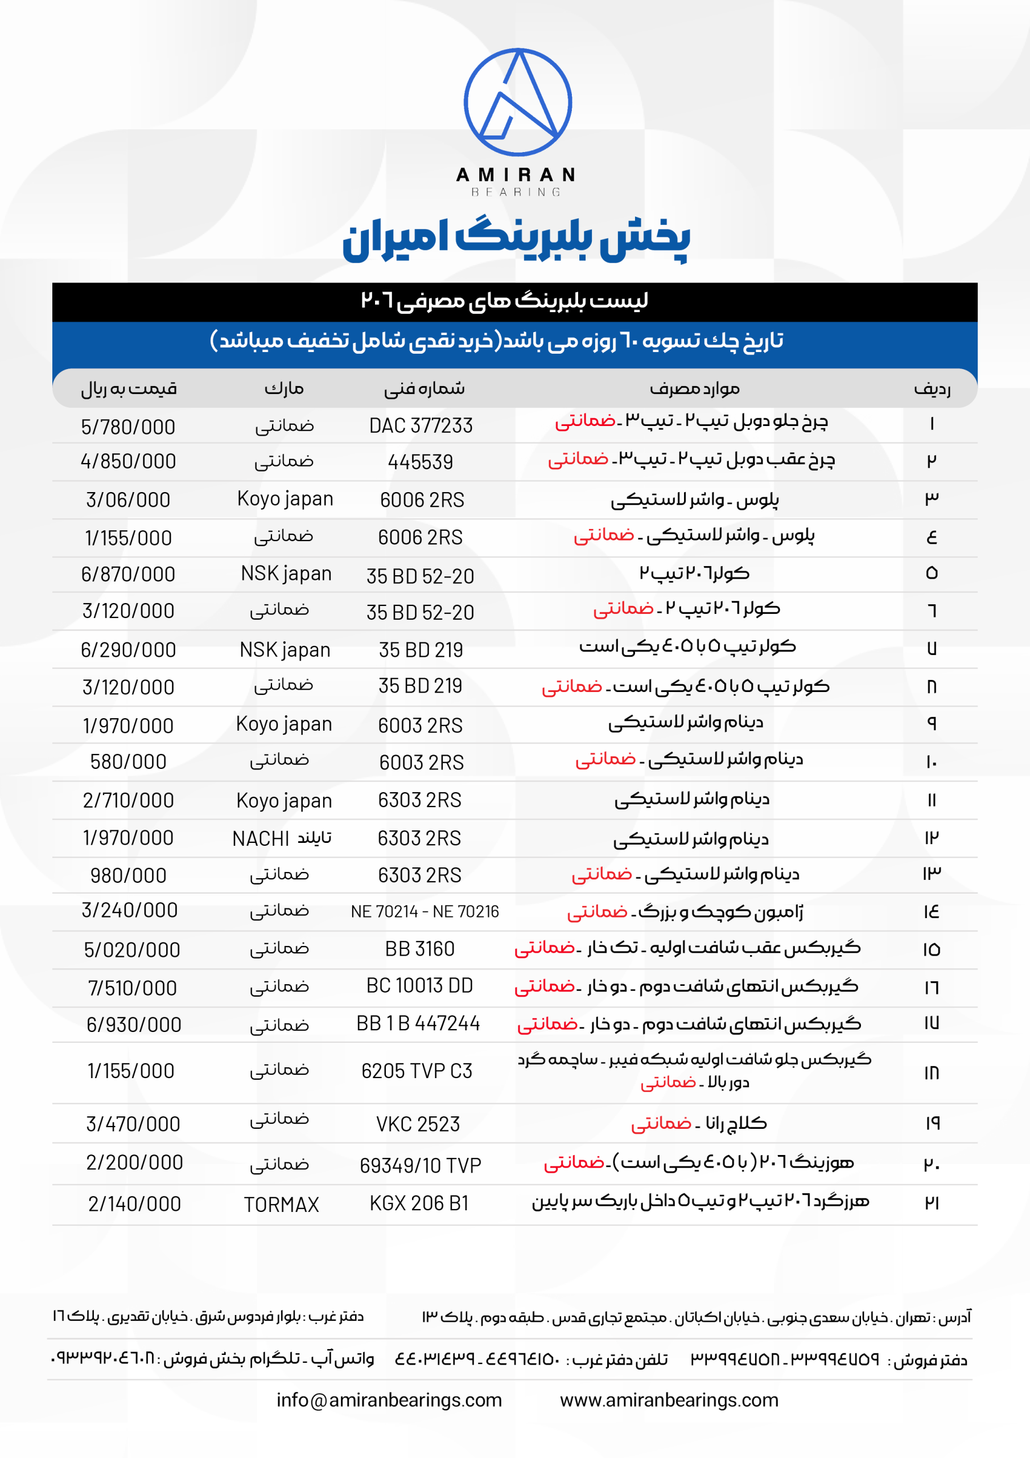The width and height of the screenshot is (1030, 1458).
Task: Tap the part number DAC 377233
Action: coord(421,425)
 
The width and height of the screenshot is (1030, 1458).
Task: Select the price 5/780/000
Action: coord(127,427)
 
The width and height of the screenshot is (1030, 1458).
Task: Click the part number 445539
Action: coord(420,462)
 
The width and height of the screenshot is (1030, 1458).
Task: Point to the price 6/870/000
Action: coord(127,574)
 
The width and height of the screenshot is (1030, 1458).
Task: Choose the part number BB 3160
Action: coord(419,949)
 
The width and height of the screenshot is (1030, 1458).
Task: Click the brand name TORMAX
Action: coord(281,1204)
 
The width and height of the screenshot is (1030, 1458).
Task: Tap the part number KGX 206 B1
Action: coord(419,1203)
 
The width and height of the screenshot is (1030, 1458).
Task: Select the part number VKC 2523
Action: coord(418,1123)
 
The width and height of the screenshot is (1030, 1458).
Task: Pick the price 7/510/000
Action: coord(132,988)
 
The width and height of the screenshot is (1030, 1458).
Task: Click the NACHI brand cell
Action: coord(281,838)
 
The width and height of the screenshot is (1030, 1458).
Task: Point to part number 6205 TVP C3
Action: coord(417,1071)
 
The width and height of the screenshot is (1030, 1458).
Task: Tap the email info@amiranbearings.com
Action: coord(389,1399)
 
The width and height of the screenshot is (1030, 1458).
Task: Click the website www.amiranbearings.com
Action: coord(669,1399)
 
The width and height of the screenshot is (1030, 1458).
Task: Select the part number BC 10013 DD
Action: coord(419,985)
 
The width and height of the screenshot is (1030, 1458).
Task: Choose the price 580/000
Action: coord(128,761)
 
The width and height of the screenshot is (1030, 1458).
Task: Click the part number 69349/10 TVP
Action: coord(420,1165)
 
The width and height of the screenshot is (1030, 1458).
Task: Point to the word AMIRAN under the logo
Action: coord(516,175)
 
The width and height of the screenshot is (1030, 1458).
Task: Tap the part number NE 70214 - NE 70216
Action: coord(425,911)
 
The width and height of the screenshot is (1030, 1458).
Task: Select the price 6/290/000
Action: coord(127,650)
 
